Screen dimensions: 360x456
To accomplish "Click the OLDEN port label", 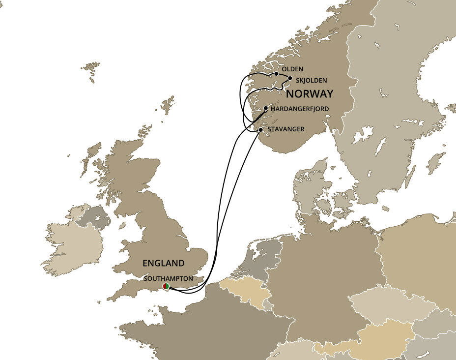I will (x=293, y=69).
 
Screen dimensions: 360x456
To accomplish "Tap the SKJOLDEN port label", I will (x=312, y=80).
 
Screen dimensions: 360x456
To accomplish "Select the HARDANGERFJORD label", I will (x=300, y=108).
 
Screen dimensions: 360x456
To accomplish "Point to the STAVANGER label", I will (x=286, y=129).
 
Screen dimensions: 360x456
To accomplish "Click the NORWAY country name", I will (x=310, y=93).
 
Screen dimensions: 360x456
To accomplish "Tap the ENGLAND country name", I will (x=164, y=263).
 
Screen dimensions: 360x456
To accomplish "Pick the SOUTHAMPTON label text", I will (x=168, y=278).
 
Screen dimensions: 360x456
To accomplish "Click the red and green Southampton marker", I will (x=166, y=286).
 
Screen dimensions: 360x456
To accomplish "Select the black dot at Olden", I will (x=277, y=74).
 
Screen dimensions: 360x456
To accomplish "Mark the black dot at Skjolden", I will (x=290, y=78).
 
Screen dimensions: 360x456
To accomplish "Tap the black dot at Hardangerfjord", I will (x=266, y=108).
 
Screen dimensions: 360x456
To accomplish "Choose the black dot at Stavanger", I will (x=261, y=130).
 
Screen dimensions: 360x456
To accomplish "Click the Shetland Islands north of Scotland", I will (x=168, y=104).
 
